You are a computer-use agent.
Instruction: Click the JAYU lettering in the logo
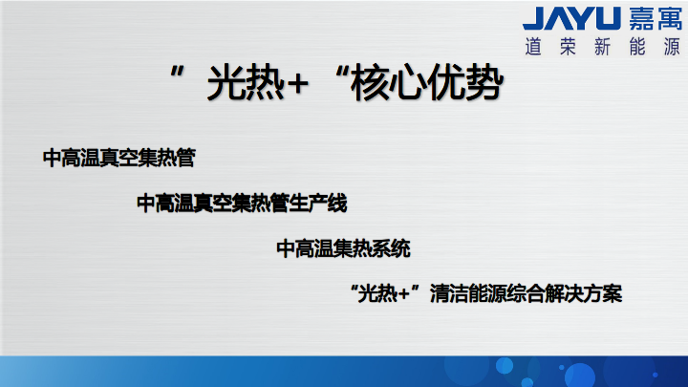pos(571,18)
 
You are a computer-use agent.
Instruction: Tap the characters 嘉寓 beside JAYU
pos(656,19)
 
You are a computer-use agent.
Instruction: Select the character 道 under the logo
pos(533,47)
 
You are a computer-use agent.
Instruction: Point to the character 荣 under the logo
pos(568,47)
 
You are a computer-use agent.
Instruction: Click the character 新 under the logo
pos(602,47)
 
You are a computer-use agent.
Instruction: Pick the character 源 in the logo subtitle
pos(672,47)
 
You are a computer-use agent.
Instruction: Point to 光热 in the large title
pos(246,82)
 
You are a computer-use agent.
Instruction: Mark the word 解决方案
pos(583,293)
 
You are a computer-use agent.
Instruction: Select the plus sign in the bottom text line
pos(403,293)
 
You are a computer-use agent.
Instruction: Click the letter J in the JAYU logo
pos(534,18)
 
